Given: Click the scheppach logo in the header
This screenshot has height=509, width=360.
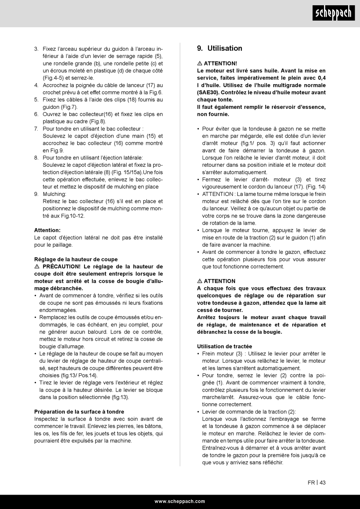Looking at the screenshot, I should pyautogui.click(x=333, y=14).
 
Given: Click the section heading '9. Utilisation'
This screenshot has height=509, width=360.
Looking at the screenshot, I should pyautogui.click(x=220, y=48).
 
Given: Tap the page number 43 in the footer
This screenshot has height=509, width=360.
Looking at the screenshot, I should pyautogui.click(x=322, y=482).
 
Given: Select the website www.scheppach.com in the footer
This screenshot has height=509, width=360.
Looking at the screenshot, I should pyautogui.click(x=180, y=501).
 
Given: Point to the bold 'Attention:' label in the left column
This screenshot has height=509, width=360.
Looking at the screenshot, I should pyautogui.click(x=47, y=230).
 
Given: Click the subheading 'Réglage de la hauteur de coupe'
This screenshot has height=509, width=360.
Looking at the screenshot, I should pyautogui.click(x=76, y=259).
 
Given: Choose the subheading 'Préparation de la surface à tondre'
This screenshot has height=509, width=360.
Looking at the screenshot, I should pyautogui.click(x=79, y=412).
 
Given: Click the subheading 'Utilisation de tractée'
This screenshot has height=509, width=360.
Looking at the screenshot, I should pyautogui.click(x=224, y=346).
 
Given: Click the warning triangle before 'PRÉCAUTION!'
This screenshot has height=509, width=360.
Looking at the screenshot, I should pyautogui.click(x=37, y=266).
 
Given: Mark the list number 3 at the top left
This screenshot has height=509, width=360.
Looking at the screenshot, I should pyautogui.click(x=36, y=49).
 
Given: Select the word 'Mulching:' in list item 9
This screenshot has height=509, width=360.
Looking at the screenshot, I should pyautogui.click(x=54, y=194).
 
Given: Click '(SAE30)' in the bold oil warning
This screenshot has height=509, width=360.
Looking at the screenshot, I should pyautogui.click(x=208, y=92).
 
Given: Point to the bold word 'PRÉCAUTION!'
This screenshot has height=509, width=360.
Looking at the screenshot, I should pyautogui.click(x=61, y=266).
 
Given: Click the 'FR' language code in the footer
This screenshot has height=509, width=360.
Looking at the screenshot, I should pyautogui.click(x=311, y=482).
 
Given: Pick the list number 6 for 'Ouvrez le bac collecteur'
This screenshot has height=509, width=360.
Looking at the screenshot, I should pyautogui.click(x=36, y=114).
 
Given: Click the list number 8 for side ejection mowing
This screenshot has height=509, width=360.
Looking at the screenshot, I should pyautogui.click(x=36, y=158).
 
